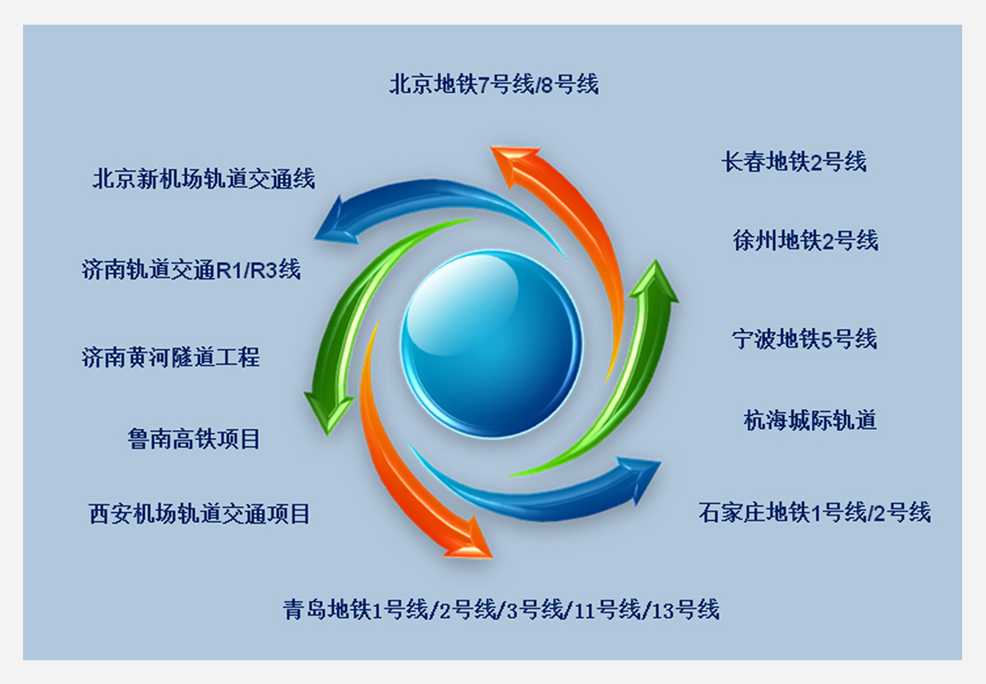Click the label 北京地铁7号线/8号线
494,84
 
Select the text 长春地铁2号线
794,162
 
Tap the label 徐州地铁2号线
805,241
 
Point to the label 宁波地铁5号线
804,340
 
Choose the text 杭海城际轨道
810,420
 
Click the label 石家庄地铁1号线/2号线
815,512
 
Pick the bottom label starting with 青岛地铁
501,609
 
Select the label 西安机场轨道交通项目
200,514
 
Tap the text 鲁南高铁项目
194,439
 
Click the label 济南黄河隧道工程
171,357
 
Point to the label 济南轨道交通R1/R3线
191,270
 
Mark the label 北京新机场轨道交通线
204,178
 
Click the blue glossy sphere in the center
491,344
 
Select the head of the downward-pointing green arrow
329,411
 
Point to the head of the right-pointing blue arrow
640,478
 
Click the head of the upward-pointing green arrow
655,282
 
